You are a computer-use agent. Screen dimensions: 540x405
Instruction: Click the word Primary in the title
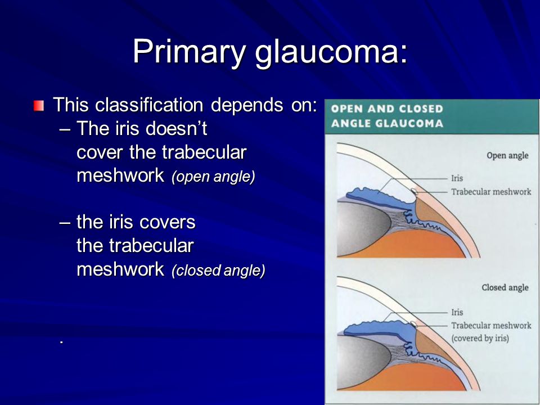click(189, 52)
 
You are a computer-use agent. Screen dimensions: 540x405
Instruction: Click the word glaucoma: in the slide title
click(331, 52)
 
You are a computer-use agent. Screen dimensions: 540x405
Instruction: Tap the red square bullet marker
click(39, 105)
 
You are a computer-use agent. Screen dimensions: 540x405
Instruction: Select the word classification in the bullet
click(149, 105)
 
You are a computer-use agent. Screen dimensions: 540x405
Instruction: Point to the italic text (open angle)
click(214, 176)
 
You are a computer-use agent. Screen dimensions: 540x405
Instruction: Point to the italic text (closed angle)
click(218, 271)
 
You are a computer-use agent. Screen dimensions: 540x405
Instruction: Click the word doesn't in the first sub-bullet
click(176, 128)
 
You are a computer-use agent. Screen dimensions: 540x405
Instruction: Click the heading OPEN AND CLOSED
click(387, 109)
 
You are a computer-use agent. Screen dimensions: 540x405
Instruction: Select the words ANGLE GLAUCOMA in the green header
click(387, 123)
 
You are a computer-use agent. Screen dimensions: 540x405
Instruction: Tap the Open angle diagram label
click(507, 156)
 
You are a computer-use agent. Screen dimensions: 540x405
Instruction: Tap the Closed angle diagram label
click(505, 287)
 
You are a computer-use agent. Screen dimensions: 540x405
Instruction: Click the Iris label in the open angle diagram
click(457, 178)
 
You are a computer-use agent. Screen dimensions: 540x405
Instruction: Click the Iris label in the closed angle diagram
click(457, 312)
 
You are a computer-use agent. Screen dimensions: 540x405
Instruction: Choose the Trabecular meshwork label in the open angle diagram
click(491, 192)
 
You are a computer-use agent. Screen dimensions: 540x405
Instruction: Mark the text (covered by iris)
click(480, 338)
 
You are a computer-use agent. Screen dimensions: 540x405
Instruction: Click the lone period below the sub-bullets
click(61, 342)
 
